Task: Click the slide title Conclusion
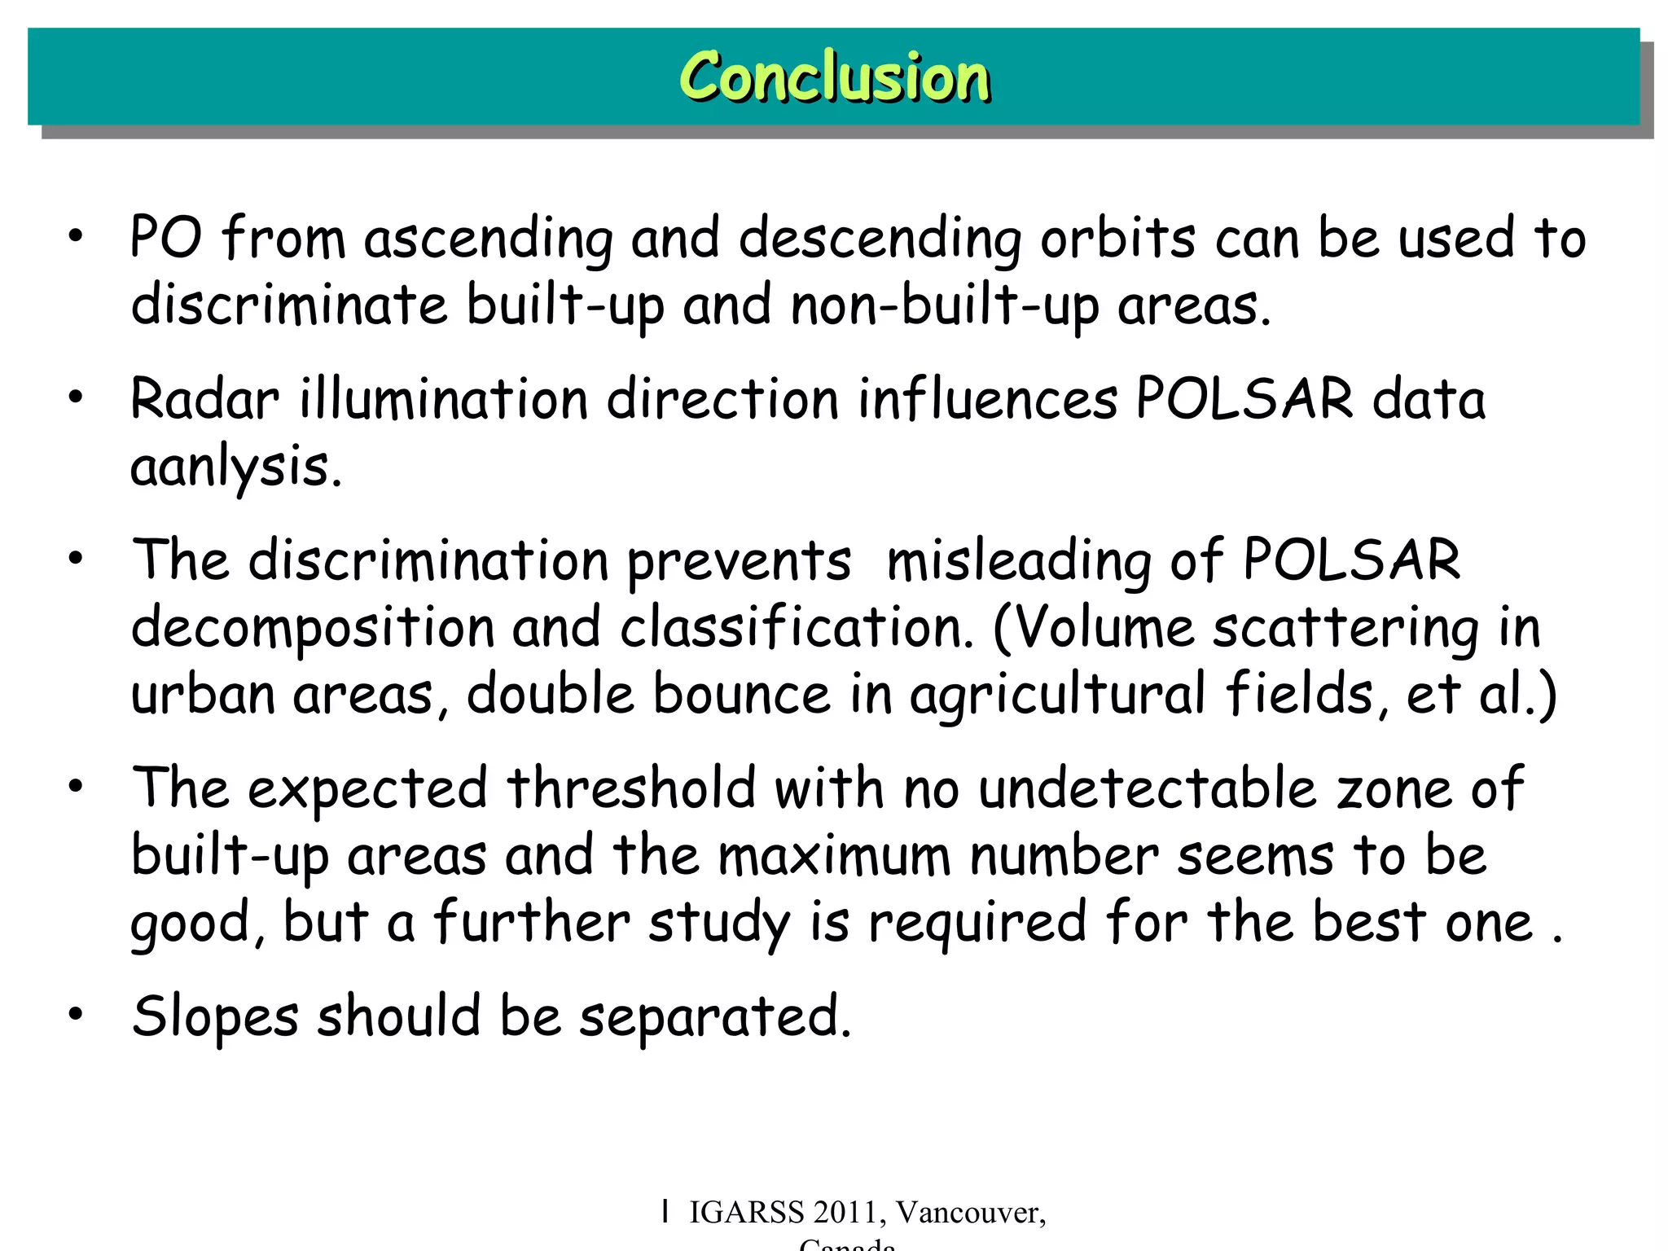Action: [x=835, y=77]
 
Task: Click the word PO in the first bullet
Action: [x=166, y=238]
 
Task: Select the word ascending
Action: [x=488, y=239]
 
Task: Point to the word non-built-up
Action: [x=944, y=307]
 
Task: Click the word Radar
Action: [x=204, y=400]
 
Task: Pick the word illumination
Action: [x=444, y=400]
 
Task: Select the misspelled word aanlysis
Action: [x=235, y=467]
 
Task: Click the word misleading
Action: [x=1019, y=562]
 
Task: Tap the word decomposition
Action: [x=313, y=629]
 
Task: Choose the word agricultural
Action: [x=1057, y=696]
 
